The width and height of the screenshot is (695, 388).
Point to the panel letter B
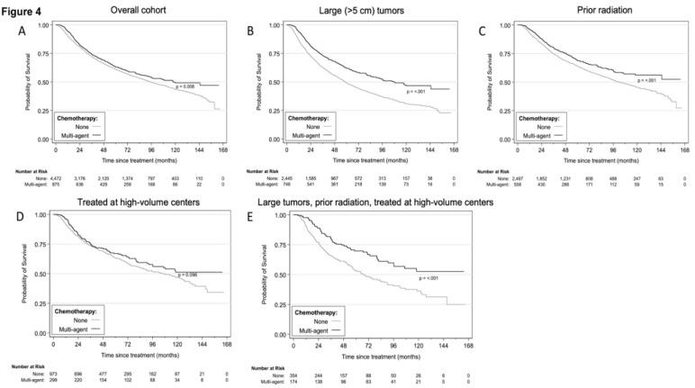tap(250, 30)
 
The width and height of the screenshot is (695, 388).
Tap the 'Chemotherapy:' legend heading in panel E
tap(308, 309)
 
